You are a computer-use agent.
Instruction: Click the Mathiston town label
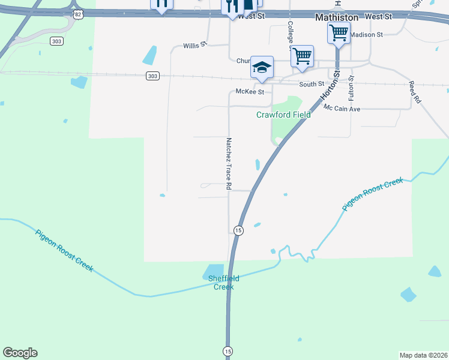[x=337, y=18]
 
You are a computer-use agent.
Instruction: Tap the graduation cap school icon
[x=262, y=68]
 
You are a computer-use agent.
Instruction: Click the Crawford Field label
[x=284, y=115]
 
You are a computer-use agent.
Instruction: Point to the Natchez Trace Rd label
[x=229, y=164]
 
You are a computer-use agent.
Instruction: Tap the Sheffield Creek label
[x=224, y=283]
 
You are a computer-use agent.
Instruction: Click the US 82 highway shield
[x=78, y=14]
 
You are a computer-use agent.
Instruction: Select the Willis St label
[x=194, y=45]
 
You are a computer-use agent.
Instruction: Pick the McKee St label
[x=250, y=92]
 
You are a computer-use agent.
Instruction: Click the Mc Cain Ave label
[x=342, y=109]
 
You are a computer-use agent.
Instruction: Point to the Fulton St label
[x=351, y=88]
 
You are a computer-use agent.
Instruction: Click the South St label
[x=312, y=84]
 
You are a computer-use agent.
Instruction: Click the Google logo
[x=20, y=353]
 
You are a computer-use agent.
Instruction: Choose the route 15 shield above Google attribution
[x=228, y=351]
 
